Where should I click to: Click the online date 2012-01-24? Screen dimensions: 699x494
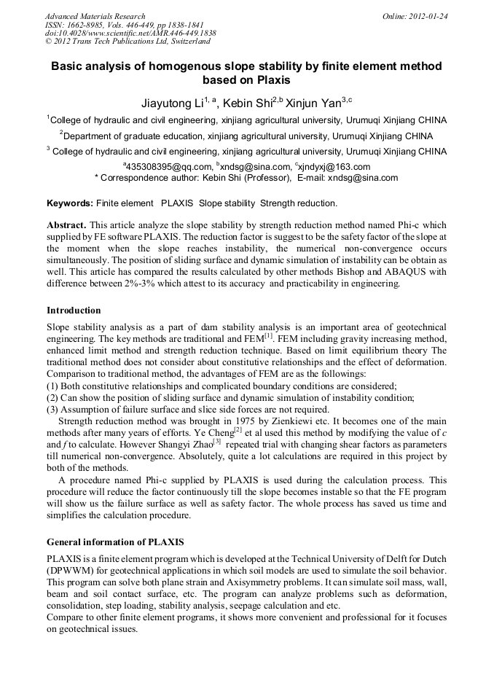428,16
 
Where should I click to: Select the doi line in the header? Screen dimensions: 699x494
130,34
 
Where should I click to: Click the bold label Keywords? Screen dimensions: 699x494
70,203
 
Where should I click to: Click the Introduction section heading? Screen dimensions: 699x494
74,310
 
